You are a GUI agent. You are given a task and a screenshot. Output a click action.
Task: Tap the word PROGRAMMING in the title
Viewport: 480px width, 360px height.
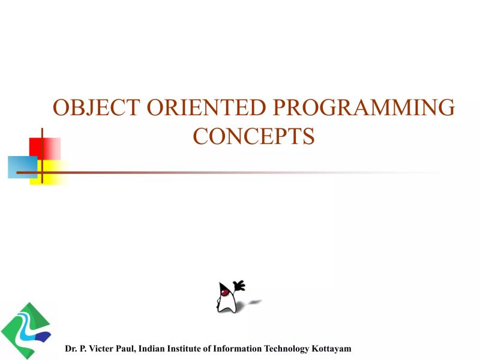click(x=364, y=108)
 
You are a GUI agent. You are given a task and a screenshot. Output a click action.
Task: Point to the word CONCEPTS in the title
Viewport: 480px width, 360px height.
click(x=254, y=137)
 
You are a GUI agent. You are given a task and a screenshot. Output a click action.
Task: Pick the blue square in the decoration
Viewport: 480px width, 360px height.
click(x=22, y=167)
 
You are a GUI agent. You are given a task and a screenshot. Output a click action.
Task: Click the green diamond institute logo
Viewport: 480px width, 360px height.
click(x=25, y=330)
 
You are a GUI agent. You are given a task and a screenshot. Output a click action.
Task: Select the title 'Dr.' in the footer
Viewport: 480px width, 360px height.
click(x=71, y=349)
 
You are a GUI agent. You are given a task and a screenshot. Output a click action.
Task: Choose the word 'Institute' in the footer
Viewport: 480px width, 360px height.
click(x=185, y=349)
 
